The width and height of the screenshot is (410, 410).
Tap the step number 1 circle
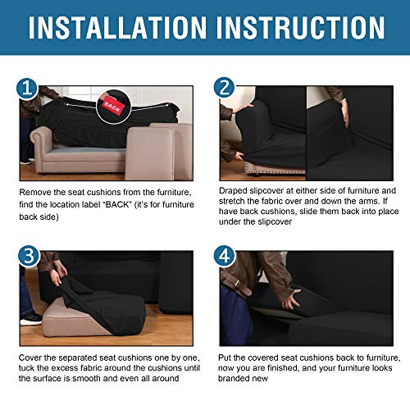[x=28, y=88]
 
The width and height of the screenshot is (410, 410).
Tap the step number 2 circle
[x=225, y=88]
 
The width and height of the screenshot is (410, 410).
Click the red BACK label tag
[x=111, y=107]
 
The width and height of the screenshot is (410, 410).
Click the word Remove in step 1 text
[x=36, y=192]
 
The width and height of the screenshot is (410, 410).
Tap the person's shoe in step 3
[x=30, y=317]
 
